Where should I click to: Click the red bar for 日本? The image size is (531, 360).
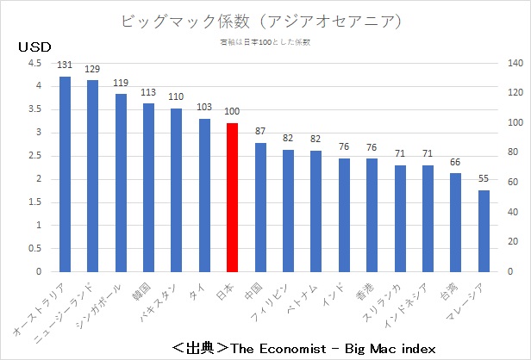point(232,197)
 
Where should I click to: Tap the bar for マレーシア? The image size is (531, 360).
point(484,231)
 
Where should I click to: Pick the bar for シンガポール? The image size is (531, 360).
point(121,183)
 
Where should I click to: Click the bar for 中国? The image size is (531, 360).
point(260,207)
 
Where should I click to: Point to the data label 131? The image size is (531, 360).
point(65,65)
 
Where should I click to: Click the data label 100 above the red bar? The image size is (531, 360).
point(232,111)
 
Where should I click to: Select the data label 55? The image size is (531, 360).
point(484,178)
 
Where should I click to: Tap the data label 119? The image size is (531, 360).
point(121,82)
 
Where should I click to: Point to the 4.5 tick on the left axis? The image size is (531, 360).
point(34,63)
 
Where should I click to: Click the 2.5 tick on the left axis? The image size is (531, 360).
point(34,156)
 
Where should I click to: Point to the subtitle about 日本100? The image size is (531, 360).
point(265,40)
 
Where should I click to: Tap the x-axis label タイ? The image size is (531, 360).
point(199,290)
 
